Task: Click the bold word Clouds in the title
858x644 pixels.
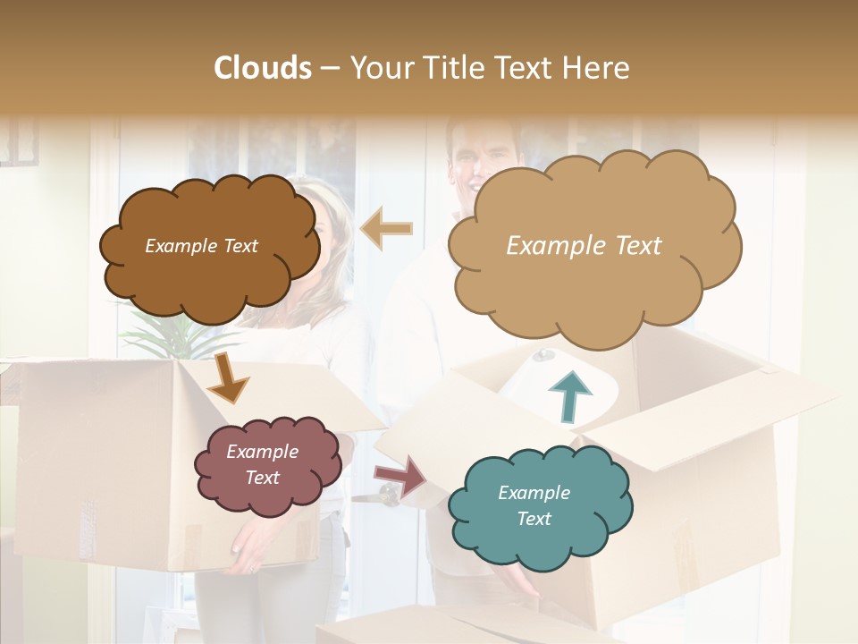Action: pos(263,68)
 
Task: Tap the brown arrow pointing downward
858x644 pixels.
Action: pos(227,379)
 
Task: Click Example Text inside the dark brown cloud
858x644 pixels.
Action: pos(201,246)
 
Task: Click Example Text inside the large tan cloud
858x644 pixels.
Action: pos(584,246)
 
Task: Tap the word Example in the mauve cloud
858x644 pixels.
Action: pos(262,452)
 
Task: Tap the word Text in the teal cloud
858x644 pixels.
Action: pos(534,519)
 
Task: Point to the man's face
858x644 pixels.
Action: pos(475,161)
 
